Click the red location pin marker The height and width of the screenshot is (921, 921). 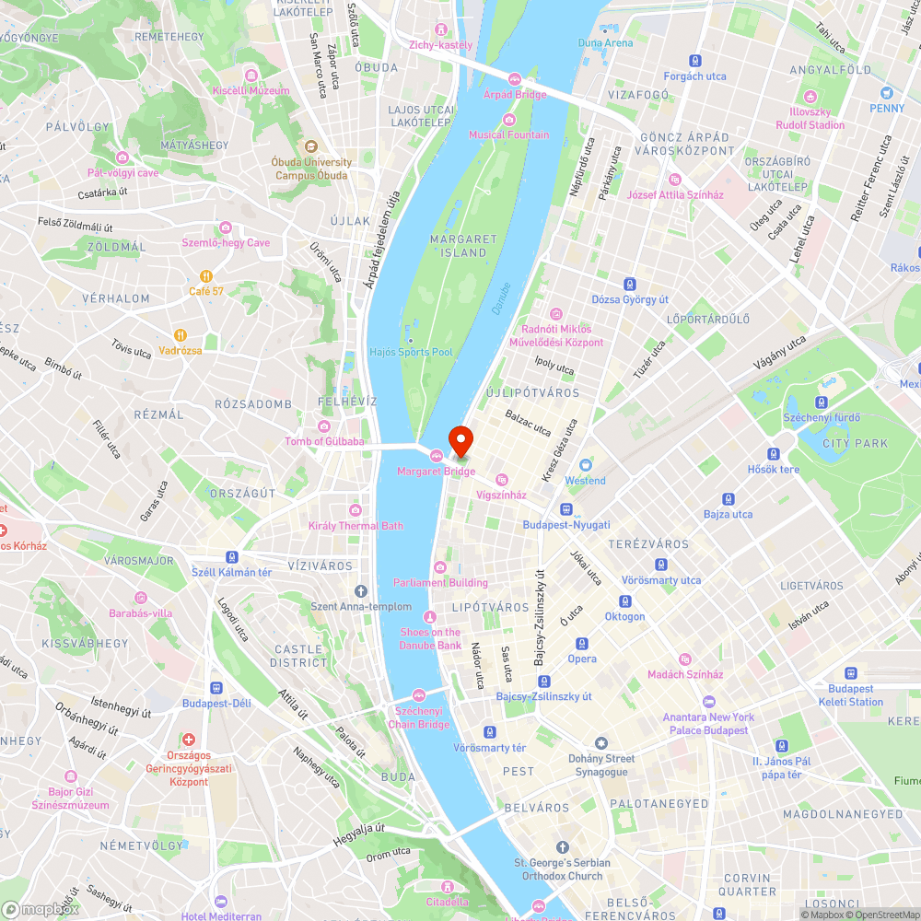pos(460,440)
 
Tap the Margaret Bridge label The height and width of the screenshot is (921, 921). pos(437,472)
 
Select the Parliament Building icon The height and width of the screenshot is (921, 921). pos(440,567)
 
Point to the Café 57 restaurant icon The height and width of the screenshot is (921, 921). pos(206,275)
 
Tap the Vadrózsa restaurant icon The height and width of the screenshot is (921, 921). pos(181,335)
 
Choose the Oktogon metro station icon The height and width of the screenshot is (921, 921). pos(624,600)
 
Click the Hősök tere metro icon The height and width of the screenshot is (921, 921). pos(775,453)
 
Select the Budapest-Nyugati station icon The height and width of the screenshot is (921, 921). pos(566,508)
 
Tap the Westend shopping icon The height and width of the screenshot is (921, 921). pos(586,465)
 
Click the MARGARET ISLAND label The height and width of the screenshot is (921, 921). pos(463,246)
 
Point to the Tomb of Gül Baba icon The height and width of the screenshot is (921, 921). pos(324,426)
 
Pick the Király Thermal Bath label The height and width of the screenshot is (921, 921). pos(356,526)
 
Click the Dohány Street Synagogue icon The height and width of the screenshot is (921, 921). pos(601,743)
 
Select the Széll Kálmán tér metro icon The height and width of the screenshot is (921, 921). pos(231,557)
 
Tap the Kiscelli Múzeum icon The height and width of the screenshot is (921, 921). pos(251,75)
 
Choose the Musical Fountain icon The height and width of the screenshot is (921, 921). pos(509,119)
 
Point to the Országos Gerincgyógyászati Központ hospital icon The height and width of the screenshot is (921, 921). pos(189,740)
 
